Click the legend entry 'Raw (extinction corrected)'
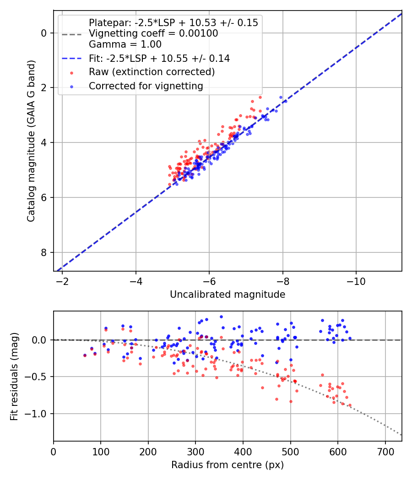tap(152, 72)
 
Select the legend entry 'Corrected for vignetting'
tap(146, 86)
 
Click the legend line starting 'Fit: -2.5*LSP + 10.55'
tap(159, 58)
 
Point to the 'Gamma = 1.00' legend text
tap(125, 44)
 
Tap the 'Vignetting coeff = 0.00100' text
tap(153, 33)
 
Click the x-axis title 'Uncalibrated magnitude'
tap(228, 295)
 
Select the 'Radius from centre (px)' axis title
tap(228, 465)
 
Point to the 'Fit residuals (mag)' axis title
tap(15, 376)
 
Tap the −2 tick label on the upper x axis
tap(62, 281)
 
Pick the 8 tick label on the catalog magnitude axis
tap(44, 252)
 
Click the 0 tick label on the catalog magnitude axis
tap(44, 33)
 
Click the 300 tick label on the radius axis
tap(195, 452)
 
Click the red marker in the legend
tap(71, 72)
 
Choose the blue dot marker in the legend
tap(71, 86)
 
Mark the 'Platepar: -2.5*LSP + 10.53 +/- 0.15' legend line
tap(173, 23)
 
